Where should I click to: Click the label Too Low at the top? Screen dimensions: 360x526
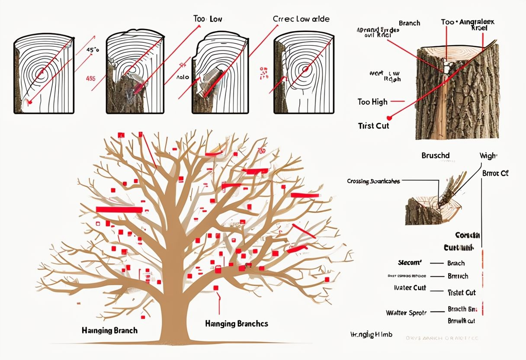tap(207, 19)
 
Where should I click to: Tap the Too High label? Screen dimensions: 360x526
tap(372, 102)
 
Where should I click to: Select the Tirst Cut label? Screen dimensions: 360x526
tap(374, 125)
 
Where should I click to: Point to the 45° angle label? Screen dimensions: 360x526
tap(93, 50)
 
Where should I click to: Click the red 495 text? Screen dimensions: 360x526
tap(90, 78)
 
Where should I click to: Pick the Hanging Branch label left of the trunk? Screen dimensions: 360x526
tap(109, 331)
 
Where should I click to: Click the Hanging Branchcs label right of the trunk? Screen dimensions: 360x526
tap(236, 324)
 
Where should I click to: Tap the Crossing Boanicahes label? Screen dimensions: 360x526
tap(373, 181)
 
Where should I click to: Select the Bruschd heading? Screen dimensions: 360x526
tap(436, 155)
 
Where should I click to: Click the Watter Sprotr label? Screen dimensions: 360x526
tap(406, 312)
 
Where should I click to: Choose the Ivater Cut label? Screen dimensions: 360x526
tap(410, 288)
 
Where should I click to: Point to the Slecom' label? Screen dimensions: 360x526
tap(410, 263)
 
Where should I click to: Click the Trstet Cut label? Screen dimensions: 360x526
tap(462, 292)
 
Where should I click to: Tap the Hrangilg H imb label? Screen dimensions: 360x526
tap(371, 334)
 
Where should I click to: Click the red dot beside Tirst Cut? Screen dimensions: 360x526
tap(389, 117)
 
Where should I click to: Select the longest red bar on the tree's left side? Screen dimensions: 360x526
tap(119, 210)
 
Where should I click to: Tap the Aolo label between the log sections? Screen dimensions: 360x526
tap(183, 77)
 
